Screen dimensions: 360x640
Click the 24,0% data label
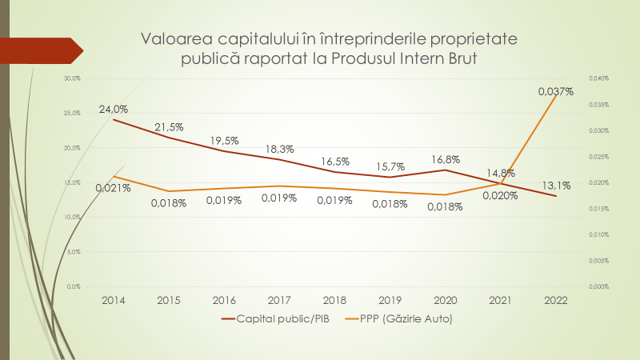pos(114,109)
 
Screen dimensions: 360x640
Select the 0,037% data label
pos(556,91)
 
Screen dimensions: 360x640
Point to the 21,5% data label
pos(169,127)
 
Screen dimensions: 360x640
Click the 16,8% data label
pos(446,158)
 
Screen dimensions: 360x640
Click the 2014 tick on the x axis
pos(114,300)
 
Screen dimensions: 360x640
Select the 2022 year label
pos(555,300)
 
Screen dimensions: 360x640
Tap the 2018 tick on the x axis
pos(335,300)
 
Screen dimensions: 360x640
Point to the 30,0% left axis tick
pos(73,78)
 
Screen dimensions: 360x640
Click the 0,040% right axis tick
pos(599,78)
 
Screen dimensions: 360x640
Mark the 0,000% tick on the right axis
pos(599,286)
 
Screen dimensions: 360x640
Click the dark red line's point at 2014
pos(114,120)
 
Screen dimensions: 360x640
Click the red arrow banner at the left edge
pos(40,50)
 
